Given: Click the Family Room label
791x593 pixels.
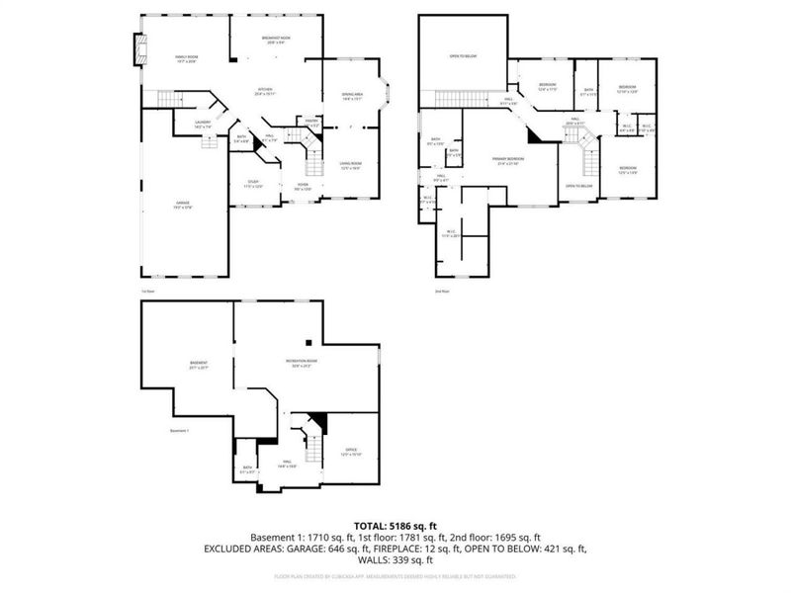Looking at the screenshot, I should pos(187,59).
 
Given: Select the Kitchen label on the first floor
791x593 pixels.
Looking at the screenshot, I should pos(265,92).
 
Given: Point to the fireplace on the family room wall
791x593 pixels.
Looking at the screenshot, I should pos(138,48).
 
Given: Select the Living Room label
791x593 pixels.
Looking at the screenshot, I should pos(350,165).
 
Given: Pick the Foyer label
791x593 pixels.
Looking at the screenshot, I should pos(302,187).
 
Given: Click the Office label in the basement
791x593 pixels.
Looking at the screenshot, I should pos(352,452).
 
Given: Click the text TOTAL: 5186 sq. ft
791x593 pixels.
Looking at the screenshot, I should pos(395,525).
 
